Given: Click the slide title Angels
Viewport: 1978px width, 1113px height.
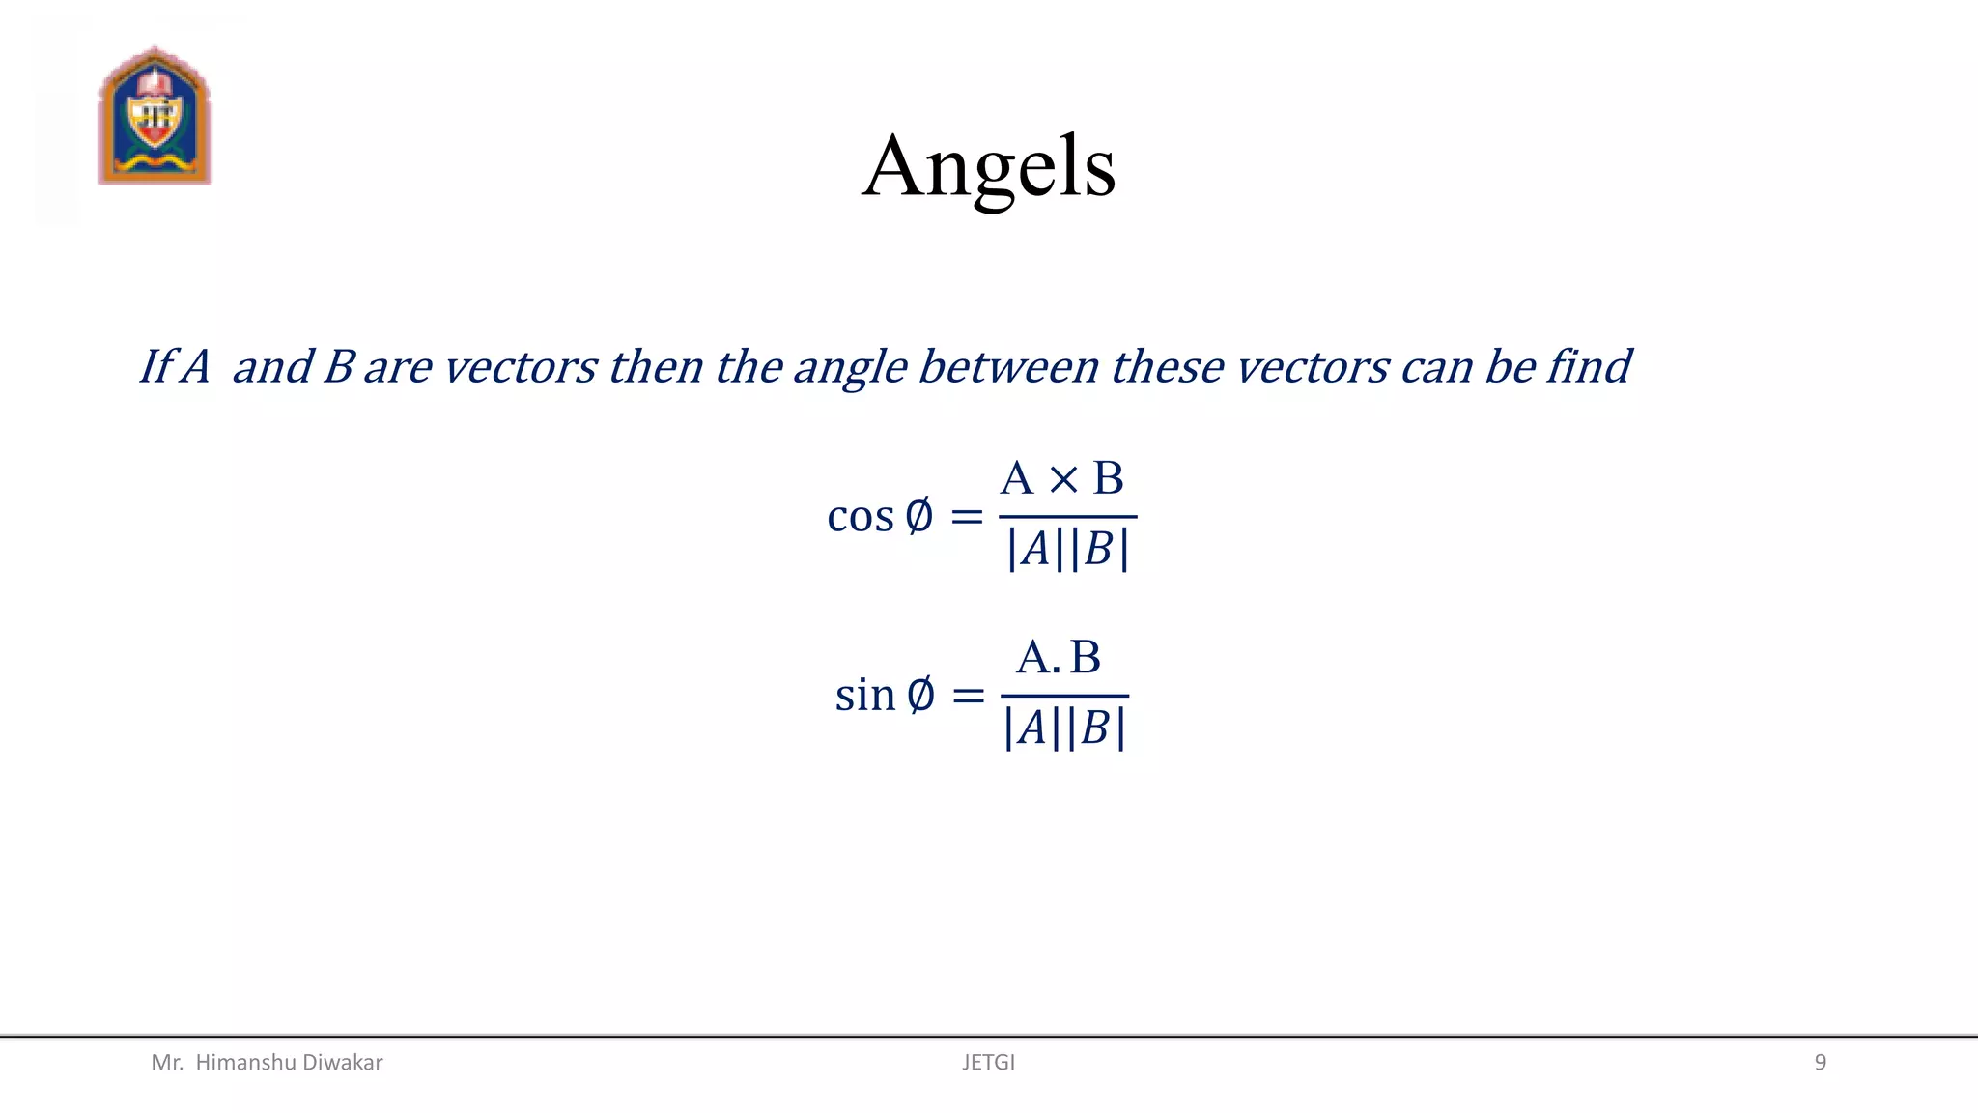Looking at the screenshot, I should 989,167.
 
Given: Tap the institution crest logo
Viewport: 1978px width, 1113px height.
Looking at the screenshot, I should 155,116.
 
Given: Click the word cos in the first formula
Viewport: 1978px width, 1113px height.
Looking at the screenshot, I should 861,516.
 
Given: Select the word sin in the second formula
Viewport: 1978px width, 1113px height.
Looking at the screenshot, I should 865,695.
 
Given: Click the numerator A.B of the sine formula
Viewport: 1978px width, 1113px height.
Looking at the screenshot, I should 1059,658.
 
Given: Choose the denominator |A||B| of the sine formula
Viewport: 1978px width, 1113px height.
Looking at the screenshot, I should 1064,728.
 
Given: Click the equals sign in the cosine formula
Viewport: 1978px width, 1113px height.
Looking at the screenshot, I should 967,518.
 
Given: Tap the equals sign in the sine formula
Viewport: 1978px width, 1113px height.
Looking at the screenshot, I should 968,696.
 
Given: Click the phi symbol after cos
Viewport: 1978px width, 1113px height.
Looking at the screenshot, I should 919,516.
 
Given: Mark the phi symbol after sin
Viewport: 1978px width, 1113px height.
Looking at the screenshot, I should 921,695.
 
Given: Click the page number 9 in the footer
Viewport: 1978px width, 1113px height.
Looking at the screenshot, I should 1820,1063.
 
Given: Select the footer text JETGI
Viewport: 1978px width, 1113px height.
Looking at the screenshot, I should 988,1063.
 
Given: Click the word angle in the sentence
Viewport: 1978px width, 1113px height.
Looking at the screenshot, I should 850,368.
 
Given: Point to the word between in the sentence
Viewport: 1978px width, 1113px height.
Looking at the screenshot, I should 1008,367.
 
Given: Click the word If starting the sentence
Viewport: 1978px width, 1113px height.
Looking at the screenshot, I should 155,367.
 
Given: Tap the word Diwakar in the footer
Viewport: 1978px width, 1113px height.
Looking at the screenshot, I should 343,1063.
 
